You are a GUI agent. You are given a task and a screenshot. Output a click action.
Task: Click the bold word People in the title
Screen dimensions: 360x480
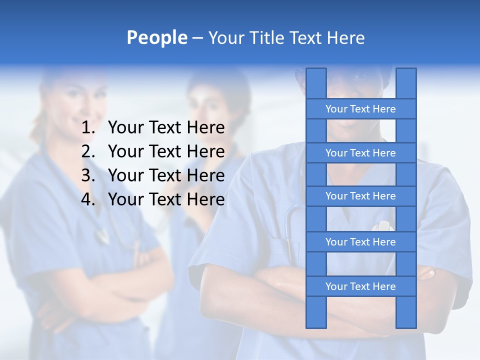(x=156, y=38)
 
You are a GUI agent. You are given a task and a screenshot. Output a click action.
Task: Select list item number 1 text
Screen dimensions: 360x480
(x=166, y=128)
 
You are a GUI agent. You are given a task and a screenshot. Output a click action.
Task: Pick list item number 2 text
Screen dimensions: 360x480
(x=166, y=151)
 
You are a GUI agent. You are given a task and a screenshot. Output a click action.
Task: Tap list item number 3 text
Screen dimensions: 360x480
(x=166, y=175)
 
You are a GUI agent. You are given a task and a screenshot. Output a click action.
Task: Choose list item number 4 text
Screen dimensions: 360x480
(x=166, y=199)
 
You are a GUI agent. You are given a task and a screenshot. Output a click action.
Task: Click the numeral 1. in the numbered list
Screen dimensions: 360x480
(x=88, y=128)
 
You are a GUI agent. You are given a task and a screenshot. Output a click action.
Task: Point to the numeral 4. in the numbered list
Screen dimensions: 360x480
(x=88, y=199)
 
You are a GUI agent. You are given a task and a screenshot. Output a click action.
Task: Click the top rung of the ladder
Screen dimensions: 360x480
(x=360, y=109)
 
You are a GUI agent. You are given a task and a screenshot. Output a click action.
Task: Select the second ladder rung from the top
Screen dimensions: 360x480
(x=360, y=153)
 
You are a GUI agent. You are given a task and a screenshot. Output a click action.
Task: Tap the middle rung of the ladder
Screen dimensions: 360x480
(x=360, y=196)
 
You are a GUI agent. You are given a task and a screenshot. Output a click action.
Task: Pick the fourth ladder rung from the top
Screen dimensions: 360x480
(x=360, y=242)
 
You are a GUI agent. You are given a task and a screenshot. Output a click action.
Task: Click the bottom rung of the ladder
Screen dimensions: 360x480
(x=360, y=286)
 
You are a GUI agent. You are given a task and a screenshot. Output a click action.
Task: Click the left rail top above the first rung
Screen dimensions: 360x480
(x=316, y=83)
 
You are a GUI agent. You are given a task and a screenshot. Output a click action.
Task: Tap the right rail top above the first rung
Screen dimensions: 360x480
(x=406, y=83)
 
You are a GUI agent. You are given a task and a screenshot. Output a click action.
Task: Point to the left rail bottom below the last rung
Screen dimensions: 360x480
(x=316, y=312)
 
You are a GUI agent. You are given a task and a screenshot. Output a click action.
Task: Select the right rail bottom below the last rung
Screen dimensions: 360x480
(x=406, y=312)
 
